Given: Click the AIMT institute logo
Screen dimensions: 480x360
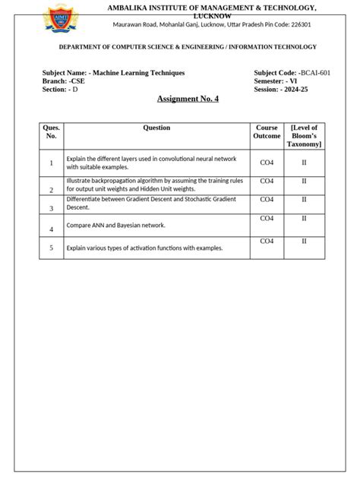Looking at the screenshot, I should pos(59,19).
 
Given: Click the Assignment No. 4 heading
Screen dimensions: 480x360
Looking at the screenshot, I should pos(188,99).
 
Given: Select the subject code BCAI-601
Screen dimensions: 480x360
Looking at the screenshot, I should pos(313,73).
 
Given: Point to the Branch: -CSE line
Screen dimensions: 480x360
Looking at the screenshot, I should pos(64,81).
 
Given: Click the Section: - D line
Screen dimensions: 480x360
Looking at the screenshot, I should pos(60,90).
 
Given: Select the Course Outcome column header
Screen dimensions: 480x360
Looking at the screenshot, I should pos(267,132).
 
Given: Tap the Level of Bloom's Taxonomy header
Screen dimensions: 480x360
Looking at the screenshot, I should pos(304,135).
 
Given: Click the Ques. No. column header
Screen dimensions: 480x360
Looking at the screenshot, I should pos(52,132).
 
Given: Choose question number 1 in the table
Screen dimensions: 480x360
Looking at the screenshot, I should pos(52,163).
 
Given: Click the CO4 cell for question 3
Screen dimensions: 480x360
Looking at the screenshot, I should pos(267,200).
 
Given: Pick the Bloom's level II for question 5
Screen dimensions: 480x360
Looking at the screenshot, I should pos(304,242).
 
